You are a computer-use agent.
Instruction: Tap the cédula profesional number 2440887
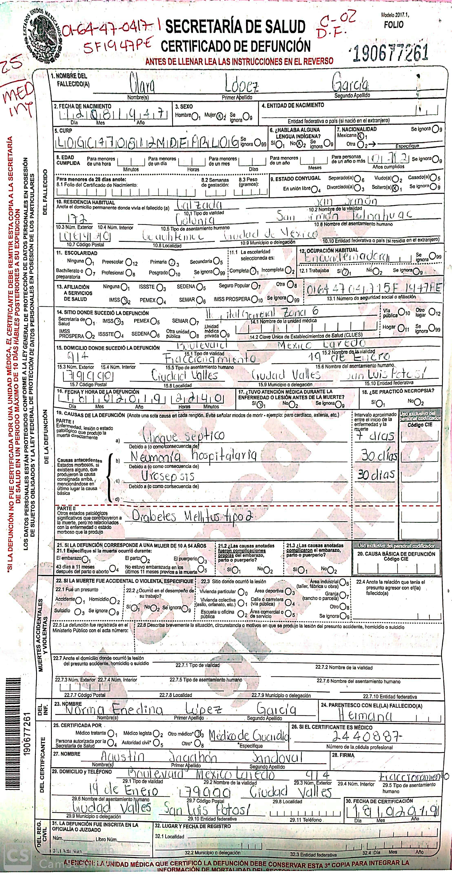click(367, 736)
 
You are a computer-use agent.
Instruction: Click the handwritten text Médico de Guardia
click(249, 736)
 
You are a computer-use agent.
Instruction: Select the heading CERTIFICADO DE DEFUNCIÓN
click(236, 46)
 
